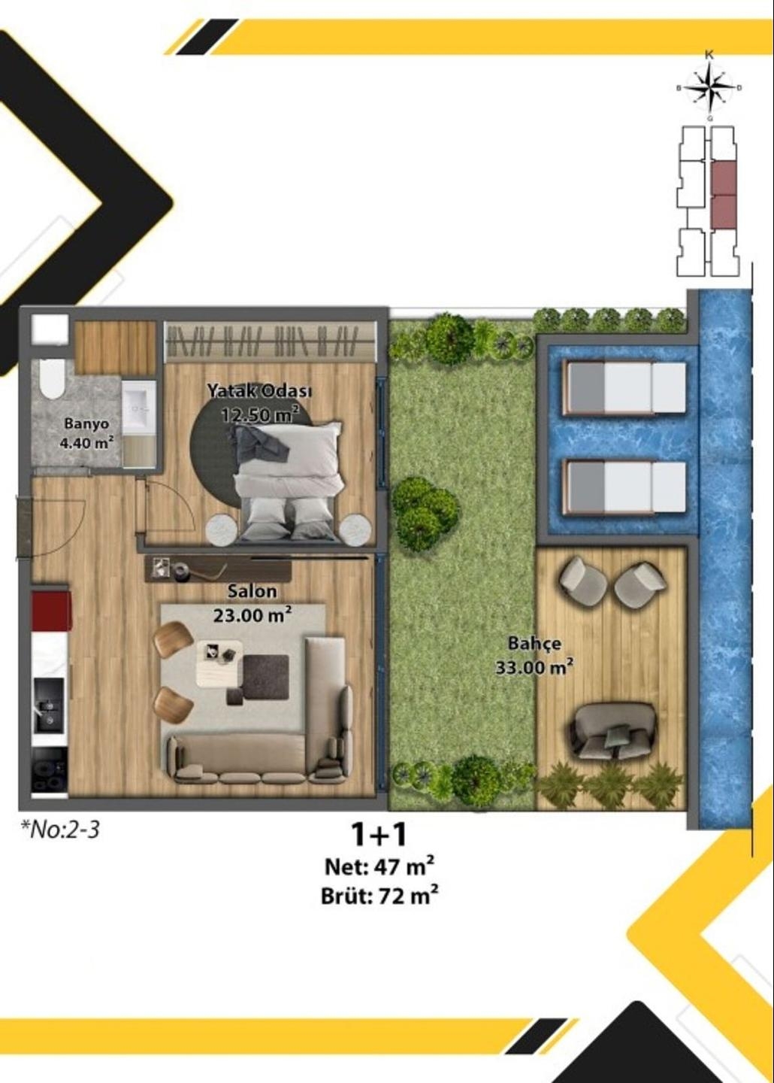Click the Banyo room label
(x=86, y=424)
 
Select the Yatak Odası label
(x=259, y=390)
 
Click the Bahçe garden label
(x=534, y=644)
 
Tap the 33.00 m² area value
(x=534, y=666)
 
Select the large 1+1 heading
(x=379, y=834)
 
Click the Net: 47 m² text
(x=379, y=866)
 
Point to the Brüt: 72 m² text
(x=379, y=896)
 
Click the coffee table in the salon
(x=219, y=662)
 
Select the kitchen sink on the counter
(x=50, y=706)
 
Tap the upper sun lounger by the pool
(x=624, y=387)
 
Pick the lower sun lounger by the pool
(x=624, y=487)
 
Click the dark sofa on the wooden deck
(x=612, y=730)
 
